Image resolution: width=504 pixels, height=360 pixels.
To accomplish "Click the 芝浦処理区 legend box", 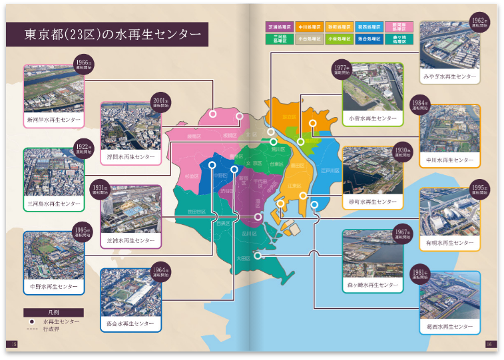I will pos(280,27).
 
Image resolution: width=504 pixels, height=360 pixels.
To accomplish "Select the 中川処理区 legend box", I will pos(310,27).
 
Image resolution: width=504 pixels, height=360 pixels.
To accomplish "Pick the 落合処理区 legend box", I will pos(369,39).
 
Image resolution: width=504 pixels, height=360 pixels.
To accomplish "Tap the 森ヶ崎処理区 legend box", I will pos(398,39).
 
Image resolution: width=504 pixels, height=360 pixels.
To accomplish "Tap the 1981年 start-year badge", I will pos(419,275).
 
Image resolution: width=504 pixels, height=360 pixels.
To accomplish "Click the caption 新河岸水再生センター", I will pos(53,120).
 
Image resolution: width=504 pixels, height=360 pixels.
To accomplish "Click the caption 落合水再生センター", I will pos(130,323).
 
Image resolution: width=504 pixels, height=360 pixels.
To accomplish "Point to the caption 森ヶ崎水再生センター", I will pos(373,285).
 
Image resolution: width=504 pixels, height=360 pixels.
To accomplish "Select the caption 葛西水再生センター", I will pos(450,327).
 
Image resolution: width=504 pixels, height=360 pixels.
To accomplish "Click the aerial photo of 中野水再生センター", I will pos(53,256).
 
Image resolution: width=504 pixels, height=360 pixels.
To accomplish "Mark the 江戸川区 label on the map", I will pos(330,171).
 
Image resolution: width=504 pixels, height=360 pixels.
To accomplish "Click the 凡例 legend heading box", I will pos(53,312).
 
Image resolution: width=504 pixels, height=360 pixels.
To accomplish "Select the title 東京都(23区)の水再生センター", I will pos(107,34).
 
